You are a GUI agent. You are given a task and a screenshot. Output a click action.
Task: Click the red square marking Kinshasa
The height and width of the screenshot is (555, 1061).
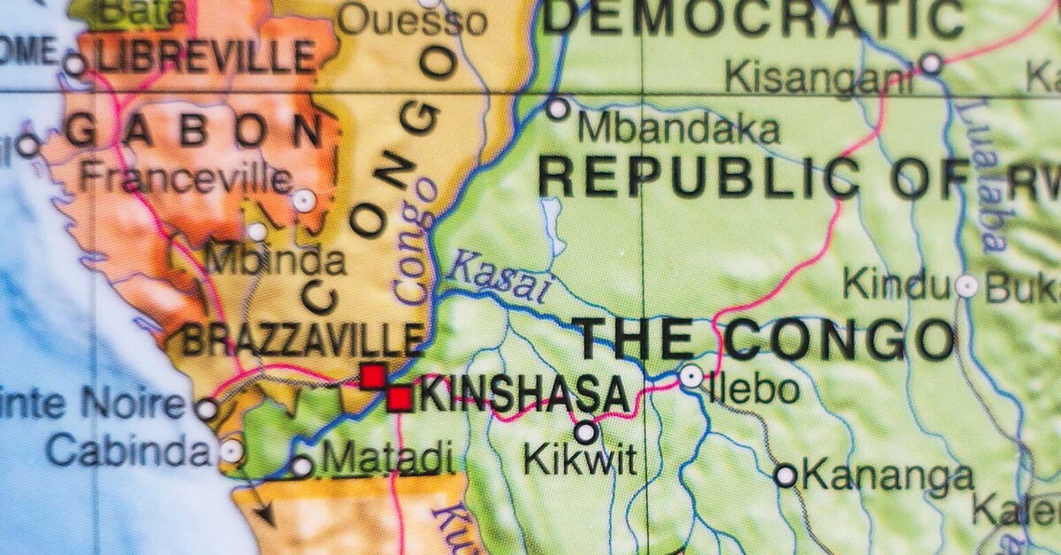tap(400, 399)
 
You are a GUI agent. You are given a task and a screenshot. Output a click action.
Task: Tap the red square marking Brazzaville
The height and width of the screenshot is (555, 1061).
tap(373, 376)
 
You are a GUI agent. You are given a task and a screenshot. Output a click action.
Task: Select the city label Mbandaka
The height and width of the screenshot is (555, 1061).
tap(679, 128)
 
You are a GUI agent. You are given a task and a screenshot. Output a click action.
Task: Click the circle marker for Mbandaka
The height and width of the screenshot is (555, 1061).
tap(558, 109)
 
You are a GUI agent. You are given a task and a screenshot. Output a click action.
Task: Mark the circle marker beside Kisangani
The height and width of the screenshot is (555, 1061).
tap(930, 64)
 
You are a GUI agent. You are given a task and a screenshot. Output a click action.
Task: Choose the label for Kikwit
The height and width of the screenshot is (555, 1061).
tap(579, 460)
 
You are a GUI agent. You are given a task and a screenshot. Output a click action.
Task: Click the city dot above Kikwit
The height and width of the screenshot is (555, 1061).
tap(585, 432)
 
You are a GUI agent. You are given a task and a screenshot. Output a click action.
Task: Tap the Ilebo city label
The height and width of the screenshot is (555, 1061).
tap(753, 389)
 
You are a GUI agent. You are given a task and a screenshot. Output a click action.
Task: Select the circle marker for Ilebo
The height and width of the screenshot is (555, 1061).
tap(691, 376)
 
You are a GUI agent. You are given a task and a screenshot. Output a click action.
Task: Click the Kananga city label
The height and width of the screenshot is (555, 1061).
tap(887, 477)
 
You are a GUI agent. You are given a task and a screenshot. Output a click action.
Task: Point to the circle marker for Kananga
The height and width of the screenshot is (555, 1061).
tap(785, 476)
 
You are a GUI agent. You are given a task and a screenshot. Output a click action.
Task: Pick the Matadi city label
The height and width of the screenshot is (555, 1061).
tap(387, 460)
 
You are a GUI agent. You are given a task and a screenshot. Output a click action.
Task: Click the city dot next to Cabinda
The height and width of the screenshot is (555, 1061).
tap(232, 452)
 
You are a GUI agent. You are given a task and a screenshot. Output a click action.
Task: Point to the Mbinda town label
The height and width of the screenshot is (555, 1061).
tap(275, 261)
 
